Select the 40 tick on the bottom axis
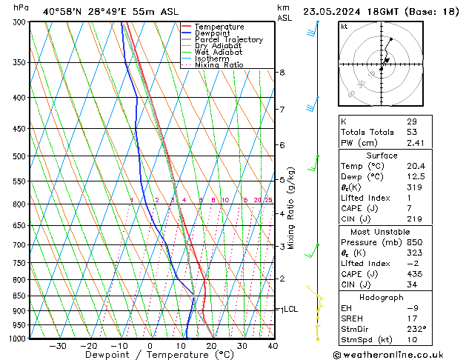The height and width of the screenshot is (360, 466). (273, 345)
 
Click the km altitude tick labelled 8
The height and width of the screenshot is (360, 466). (282, 73)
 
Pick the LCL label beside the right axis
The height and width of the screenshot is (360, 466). (290, 309)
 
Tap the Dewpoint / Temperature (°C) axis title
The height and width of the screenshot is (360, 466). (150, 355)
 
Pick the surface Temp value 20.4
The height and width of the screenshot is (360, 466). (416, 167)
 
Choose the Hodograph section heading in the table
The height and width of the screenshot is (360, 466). (381, 297)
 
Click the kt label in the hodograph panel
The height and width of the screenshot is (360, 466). (344, 27)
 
